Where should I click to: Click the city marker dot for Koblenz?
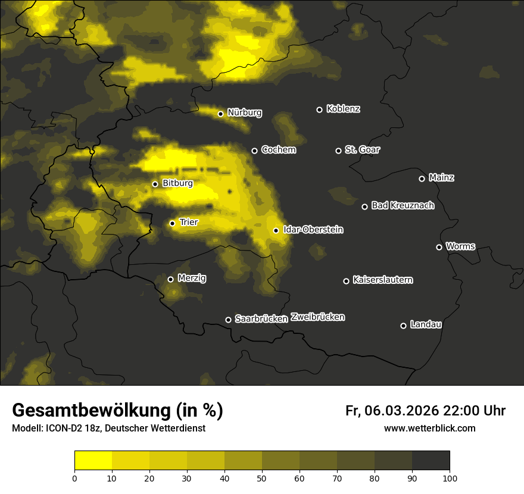point(319,110)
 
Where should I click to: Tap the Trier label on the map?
point(189,223)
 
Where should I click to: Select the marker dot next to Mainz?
point(422,179)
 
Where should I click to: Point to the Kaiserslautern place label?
point(383,280)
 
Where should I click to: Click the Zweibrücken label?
point(318,317)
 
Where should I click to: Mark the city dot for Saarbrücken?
point(228,320)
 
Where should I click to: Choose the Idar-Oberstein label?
point(313,230)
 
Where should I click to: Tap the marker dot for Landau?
point(403,326)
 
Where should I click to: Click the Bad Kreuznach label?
point(403,206)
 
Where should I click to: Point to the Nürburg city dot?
point(220,114)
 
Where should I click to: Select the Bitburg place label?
point(177,183)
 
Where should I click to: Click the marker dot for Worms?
point(439,247)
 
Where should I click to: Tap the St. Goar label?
point(363,150)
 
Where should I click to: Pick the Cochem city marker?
point(254,151)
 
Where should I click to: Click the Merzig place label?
point(192,279)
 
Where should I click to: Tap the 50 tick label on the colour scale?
point(262,478)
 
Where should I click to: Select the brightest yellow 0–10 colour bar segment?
point(93,461)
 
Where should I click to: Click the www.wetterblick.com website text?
point(430,429)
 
